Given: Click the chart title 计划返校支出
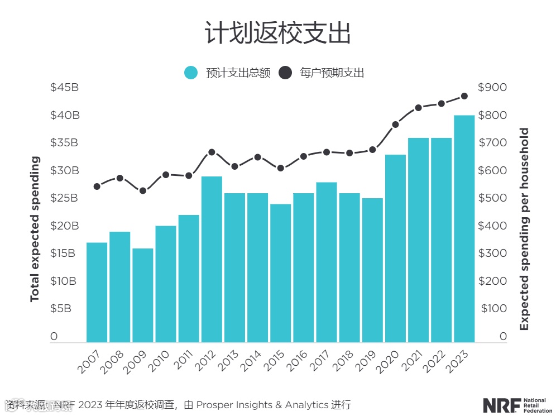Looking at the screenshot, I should (x=277, y=33).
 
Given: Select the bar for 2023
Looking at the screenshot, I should (x=464, y=228).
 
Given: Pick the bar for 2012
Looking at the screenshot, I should (x=212, y=259).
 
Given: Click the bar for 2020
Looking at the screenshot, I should (x=395, y=248).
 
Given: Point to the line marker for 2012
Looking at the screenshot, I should (x=212, y=152).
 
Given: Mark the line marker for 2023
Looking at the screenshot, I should (x=464, y=96).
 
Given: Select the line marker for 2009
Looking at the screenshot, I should (x=142, y=190).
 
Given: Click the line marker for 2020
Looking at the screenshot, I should (x=395, y=125).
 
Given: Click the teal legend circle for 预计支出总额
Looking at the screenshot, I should (x=191, y=73).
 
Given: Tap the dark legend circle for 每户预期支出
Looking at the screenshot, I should (x=285, y=73).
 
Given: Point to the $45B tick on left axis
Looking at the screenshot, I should (x=64, y=88).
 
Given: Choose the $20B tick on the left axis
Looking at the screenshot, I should (x=64, y=226).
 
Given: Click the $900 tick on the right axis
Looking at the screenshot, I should (x=492, y=88).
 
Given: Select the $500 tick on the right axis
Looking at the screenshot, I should (x=492, y=198).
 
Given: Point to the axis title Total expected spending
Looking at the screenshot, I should (x=35, y=229).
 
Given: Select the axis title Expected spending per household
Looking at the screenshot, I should (x=524, y=229).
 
